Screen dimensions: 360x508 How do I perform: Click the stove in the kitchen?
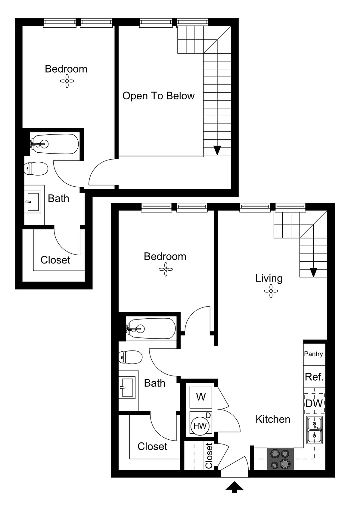(x=281, y=459)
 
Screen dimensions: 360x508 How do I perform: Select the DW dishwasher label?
(x=314, y=403)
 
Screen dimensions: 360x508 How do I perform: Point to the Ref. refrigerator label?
(x=314, y=377)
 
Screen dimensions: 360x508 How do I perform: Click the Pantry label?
(x=314, y=354)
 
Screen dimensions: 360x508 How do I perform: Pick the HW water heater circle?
(x=200, y=426)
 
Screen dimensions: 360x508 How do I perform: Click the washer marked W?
(x=201, y=397)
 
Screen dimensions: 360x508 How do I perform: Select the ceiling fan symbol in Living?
(x=271, y=291)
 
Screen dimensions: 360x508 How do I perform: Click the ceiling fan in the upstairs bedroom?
(x=67, y=81)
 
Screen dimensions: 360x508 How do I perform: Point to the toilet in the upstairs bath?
(x=36, y=169)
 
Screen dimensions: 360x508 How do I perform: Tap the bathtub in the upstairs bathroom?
(x=54, y=144)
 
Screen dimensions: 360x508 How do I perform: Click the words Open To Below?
(x=158, y=96)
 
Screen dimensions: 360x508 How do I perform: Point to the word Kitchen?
(x=273, y=419)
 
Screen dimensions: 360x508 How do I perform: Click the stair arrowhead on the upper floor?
(x=217, y=150)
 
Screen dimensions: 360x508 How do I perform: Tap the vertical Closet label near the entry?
(x=209, y=456)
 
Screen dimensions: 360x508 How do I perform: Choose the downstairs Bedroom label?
(x=165, y=257)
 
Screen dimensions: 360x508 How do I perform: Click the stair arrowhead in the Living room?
(x=314, y=273)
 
